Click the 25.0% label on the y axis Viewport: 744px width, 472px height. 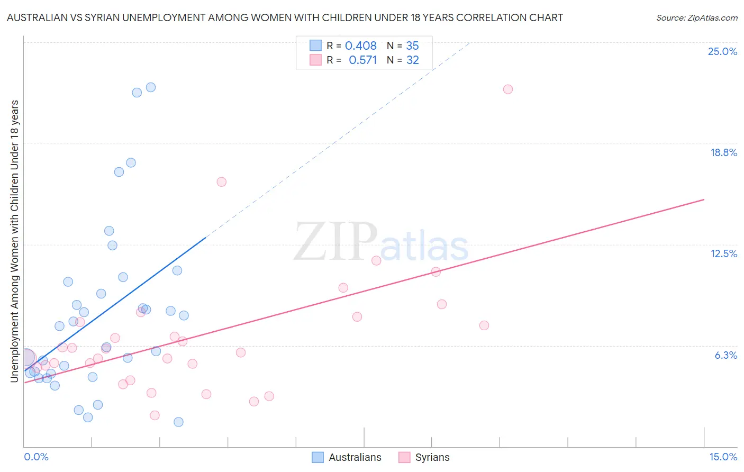722,51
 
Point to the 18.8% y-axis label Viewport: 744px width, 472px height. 723,152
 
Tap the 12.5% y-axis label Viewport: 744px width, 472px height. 723,253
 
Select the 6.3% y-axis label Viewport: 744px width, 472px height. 725,355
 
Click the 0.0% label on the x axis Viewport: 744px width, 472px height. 36,457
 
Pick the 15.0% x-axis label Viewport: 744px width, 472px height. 723,457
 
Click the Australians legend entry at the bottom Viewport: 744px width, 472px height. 355,457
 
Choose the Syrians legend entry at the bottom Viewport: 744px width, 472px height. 432,457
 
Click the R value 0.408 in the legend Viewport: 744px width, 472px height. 360,46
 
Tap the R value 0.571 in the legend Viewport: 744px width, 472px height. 362,60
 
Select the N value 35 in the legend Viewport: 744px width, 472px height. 412,46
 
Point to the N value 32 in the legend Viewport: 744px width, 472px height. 412,60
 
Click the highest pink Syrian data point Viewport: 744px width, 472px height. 508,89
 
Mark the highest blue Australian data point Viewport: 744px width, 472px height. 151,87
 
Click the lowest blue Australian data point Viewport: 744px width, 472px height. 178,422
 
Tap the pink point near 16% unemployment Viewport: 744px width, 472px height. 222,182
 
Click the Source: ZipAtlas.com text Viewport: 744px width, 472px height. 696,18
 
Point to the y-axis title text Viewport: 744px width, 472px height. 14,241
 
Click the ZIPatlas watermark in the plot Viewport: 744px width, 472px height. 381,243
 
